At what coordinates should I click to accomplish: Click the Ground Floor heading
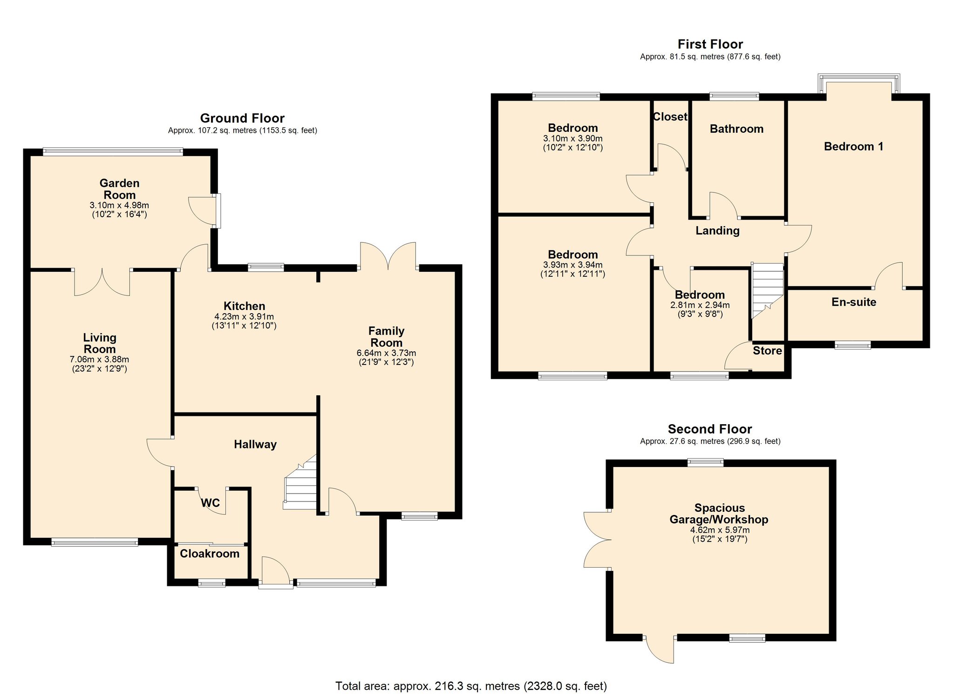pos(242,118)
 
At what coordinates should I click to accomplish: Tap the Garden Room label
pos(120,189)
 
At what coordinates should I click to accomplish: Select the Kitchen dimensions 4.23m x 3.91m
pos(244,316)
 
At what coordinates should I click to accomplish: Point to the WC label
pos(210,503)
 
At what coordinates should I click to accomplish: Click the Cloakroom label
pos(210,554)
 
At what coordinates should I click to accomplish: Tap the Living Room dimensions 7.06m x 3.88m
pos(99,360)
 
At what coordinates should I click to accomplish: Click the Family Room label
pos(386,337)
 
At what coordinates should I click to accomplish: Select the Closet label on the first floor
pos(670,117)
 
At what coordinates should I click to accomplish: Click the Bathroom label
pos(736,129)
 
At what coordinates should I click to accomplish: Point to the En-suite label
pos(854,302)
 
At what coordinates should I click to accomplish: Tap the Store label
pos(767,350)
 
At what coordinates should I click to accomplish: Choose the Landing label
pos(717,231)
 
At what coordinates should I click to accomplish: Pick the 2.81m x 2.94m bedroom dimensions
pos(700,305)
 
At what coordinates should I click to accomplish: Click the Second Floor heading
pos(710,429)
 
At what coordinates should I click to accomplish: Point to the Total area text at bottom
pos(471,686)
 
